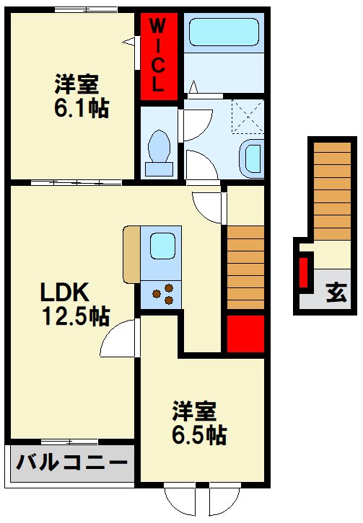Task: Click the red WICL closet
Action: pyautogui.click(x=159, y=56)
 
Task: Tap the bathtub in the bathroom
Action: pyautogui.click(x=224, y=32)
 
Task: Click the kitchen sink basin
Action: pyautogui.click(x=163, y=246)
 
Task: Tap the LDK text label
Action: pyautogui.click(x=65, y=292)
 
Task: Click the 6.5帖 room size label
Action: pyautogui.click(x=199, y=435)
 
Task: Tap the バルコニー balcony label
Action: pyautogui.click(x=72, y=462)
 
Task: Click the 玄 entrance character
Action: pyautogui.click(x=336, y=292)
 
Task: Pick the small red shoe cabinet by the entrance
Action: pyautogui.click(x=303, y=272)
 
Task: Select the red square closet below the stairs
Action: pyautogui.click(x=245, y=334)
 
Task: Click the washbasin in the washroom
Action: pyautogui.click(x=253, y=159)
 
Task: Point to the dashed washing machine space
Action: pyautogui.click(x=248, y=117)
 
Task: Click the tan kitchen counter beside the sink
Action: pyautogui.click(x=132, y=254)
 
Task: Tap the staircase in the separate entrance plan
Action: pyautogui.click(x=332, y=191)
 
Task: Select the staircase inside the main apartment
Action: pyautogui.click(x=245, y=267)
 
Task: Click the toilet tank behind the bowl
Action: pyautogui.click(x=159, y=169)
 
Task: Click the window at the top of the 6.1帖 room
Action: pyautogui.click(x=86, y=10)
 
